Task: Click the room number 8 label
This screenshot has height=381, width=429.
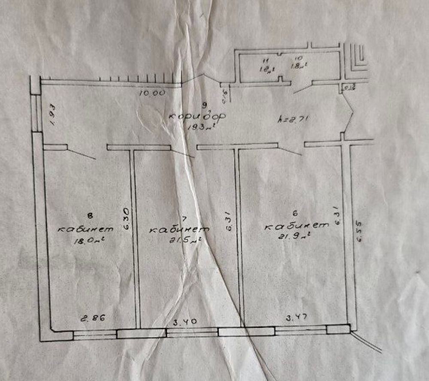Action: pyautogui.click(x=90, y=217)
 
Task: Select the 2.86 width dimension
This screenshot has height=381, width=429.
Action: pyautogui.click(x=92, y=319)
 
